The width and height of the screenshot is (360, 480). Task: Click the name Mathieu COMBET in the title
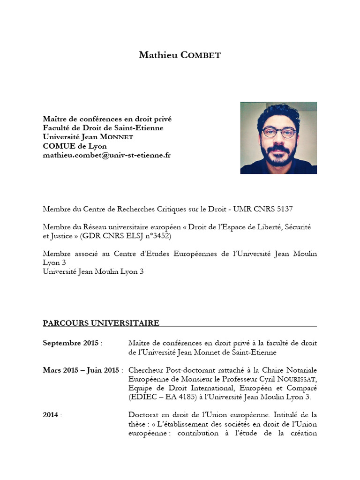[180, 55]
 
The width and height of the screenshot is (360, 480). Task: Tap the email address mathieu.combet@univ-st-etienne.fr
[107, 155]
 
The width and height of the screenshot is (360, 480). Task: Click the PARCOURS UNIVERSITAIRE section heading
[101, 323]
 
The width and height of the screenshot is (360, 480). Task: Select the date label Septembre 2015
[70, 343]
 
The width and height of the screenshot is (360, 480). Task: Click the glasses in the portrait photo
[278, 132]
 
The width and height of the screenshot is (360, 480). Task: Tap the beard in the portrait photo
[278, 157]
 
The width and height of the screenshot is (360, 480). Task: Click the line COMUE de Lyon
[75, 146]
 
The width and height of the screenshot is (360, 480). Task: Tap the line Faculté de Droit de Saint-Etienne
[103, 128]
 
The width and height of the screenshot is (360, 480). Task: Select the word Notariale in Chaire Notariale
[299, 370]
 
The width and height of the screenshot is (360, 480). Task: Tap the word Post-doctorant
[187, 370]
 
